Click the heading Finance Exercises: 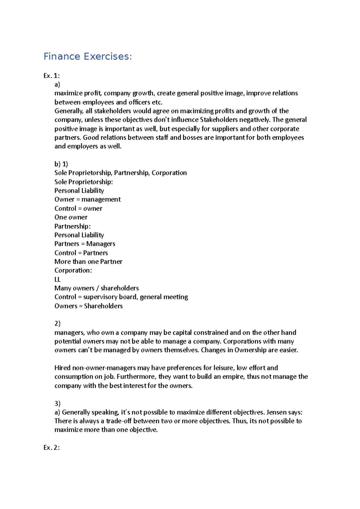(88, 56)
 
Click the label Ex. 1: (52, 76)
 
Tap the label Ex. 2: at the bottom (52, 448)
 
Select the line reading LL (57, 279)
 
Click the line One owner (71, 217)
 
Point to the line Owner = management (87, 199)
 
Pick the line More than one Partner (88, 261)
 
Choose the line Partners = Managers (85, 244)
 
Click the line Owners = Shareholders (88, 306)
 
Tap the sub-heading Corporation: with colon (73, 270)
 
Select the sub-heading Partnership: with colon (72, 226)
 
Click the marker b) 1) (61, 164)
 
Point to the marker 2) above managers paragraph (57, 323)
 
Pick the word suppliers (225, 129)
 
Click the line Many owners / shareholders (96, 288)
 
